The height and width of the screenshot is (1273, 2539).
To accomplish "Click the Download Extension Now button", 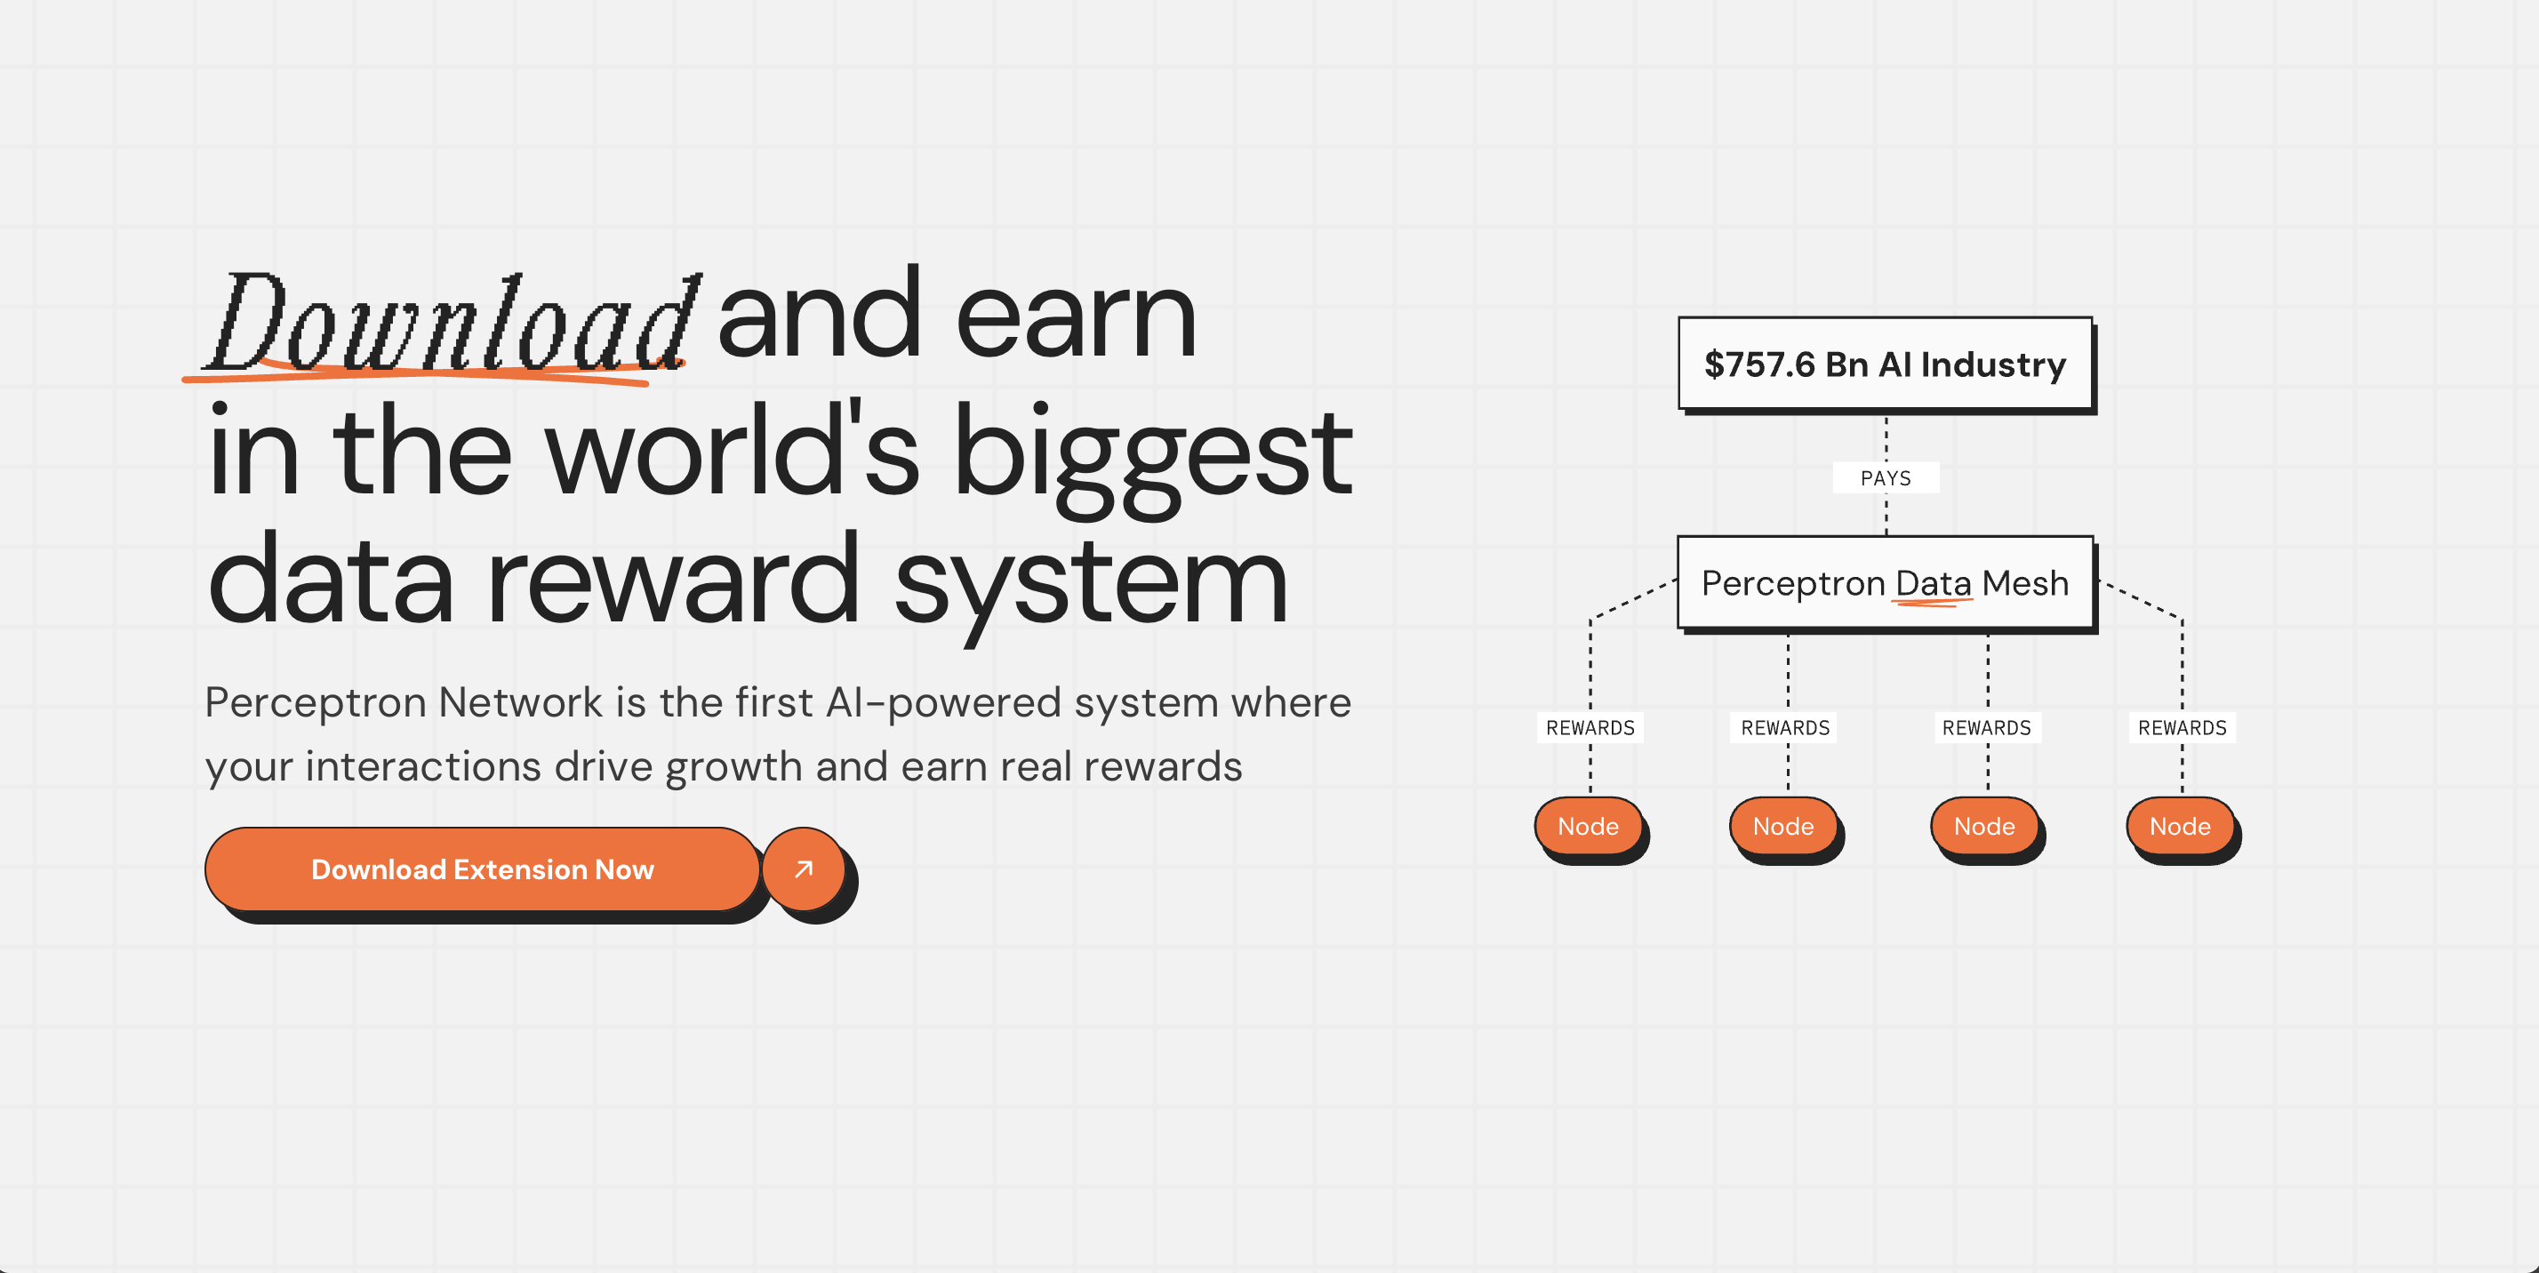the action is tap(482, 869).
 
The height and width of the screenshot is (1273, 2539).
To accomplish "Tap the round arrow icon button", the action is tap(804, 869).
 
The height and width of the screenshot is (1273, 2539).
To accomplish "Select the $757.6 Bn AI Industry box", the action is tap(1885, 364).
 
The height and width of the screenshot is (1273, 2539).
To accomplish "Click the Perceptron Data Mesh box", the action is tap(1885, 582).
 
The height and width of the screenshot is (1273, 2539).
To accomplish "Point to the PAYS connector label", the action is tap(1886, 478).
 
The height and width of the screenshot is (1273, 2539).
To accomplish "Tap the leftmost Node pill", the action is tap(1588, 826).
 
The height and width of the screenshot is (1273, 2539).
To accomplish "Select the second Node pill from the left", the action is tap(1783, 826).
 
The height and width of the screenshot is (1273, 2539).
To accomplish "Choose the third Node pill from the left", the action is tap(1984, 826).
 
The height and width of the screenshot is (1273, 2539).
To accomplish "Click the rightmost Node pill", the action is tap(2179, 826).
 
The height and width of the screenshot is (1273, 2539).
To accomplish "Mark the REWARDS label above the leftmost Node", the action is tap(1590, 727).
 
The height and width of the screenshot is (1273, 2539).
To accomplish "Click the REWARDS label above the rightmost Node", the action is tap(2183, 727).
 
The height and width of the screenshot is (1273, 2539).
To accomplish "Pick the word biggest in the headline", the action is tap(1152, 458).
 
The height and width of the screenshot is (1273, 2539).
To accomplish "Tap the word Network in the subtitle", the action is tap(519, 702).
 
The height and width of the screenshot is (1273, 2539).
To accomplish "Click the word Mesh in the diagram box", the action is tap(2024, 583).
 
